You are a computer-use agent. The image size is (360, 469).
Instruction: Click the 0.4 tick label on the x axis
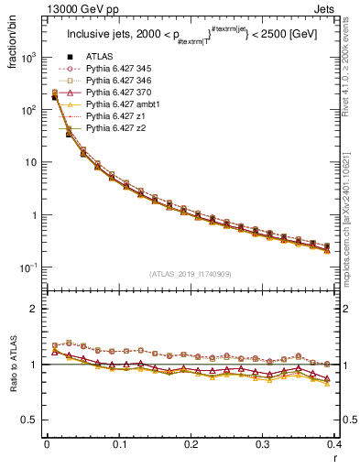(335, 446)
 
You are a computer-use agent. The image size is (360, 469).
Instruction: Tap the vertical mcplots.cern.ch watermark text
(353, 211)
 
